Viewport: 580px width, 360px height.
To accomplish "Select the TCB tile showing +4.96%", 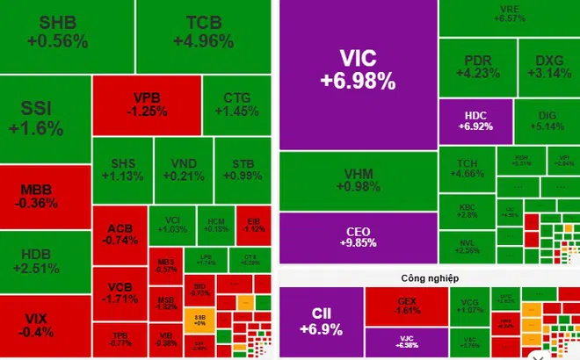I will coord(203,32).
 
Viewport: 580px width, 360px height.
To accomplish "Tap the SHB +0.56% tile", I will coord(57,32).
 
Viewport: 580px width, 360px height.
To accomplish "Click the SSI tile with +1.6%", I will coord(37,119).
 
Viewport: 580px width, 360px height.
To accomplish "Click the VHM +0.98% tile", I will coord(358,181).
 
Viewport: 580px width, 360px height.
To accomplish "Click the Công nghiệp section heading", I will coord(428,277).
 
